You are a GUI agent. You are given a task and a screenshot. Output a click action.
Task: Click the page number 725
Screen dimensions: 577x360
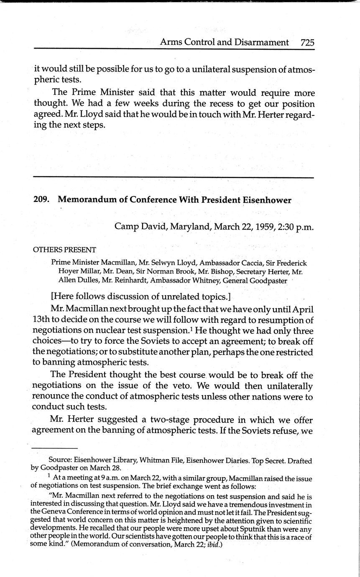coord(306,42)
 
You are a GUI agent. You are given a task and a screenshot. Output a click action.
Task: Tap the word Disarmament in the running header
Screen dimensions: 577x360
coord(262,42)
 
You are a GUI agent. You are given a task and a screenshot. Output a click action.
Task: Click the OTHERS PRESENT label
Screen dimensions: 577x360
coord(64,250)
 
